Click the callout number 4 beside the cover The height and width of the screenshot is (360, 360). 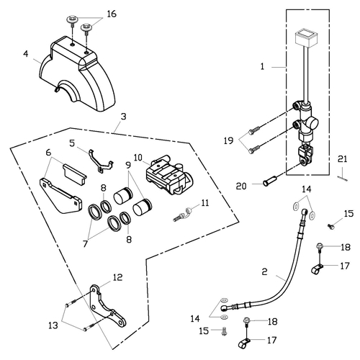[x=26, y=53]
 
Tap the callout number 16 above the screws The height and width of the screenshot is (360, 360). [x=112, y=14]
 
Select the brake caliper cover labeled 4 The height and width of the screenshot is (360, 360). [x=77, y=73]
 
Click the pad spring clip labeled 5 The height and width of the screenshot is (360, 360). [x=100, y=161]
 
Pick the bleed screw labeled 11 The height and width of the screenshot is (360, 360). [x=182, y=215]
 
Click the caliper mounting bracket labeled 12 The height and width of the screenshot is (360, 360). [x=107, y=306]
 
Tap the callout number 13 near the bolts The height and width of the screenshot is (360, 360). [x=53, y=325]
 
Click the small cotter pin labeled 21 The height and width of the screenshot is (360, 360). [x=343, y=179]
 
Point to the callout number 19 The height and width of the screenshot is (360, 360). [x=228, y=140]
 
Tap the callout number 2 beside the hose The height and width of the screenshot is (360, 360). [x=264, y=271]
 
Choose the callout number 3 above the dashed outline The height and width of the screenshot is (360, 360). [x=123, y=117]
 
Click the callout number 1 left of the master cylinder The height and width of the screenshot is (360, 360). [x=262, y=66]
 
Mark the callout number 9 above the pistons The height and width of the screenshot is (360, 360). [x=128, y=165]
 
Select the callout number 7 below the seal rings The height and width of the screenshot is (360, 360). [x=85, y=243]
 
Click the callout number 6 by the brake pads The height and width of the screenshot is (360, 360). [x=48, y=152]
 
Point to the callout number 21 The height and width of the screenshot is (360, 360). [x=342, y=159]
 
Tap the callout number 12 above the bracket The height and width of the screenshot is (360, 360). [x=117, y=277]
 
